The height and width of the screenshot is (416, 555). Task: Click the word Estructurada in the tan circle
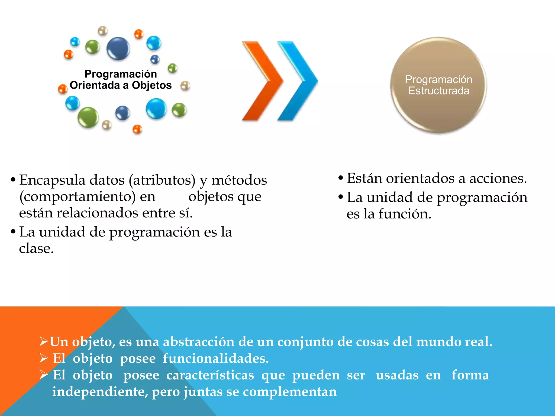(438, 91)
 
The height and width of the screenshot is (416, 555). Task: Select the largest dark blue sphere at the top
(118, 48)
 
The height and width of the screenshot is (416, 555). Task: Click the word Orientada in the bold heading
(95, 85)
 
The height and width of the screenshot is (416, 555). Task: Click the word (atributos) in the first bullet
(162, 180)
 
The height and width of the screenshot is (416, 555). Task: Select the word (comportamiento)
(78, 197)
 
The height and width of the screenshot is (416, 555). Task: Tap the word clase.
(36, 249)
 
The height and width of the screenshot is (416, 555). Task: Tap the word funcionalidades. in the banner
(216, 358)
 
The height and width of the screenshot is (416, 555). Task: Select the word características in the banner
(210, 375)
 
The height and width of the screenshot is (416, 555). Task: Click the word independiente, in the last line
(100, 392)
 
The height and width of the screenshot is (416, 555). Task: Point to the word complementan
(290, 392)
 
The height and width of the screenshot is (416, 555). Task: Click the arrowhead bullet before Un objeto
(44, 341)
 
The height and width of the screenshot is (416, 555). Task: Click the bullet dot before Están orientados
(341, 178)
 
